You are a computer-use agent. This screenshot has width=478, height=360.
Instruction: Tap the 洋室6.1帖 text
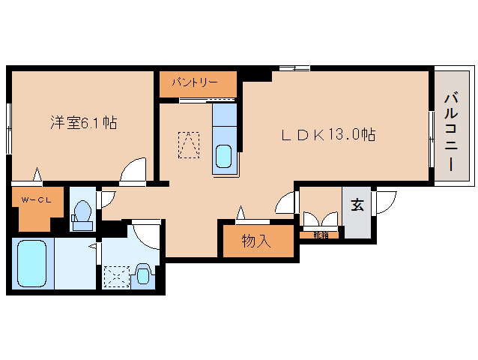coord(83,122)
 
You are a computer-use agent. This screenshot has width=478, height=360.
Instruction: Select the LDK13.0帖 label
coord(328,135)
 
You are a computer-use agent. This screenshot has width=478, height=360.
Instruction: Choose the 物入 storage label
coord(256,241)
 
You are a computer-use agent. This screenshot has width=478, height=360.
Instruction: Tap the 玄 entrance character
coord(357,205)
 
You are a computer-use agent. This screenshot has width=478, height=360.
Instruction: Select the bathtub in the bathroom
coord(31,263)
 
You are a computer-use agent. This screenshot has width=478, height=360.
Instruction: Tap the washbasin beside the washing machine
coord(144,274)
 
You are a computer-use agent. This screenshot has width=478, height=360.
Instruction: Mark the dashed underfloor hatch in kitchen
coord(190,144)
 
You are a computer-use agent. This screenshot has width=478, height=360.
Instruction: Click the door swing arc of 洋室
coord(135,171)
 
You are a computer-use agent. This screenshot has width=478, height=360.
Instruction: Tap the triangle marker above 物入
coord(241,212)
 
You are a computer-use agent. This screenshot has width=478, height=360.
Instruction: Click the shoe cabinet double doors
coord(320,221)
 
